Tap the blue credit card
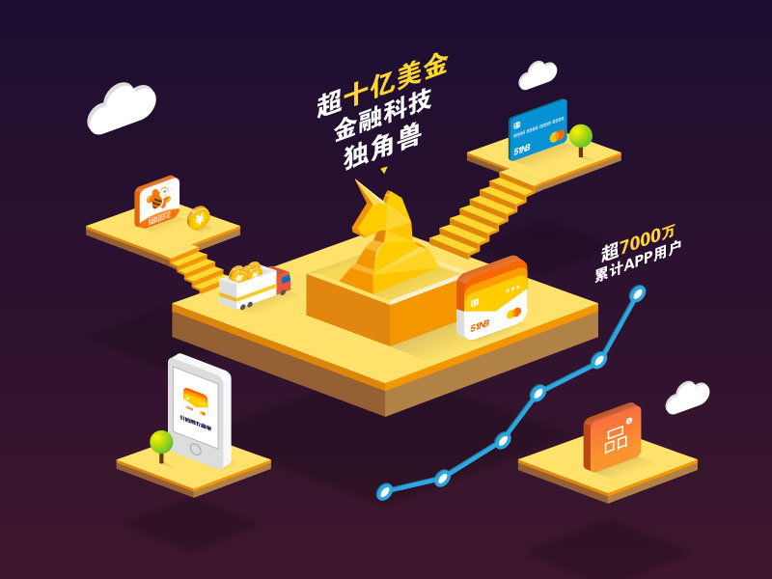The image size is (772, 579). tap(537, 129)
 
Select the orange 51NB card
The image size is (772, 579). tap(492, 298)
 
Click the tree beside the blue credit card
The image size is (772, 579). tap(580, 137)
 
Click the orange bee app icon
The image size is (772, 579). tap(156, 203)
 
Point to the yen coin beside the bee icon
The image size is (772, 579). tap(198, 218)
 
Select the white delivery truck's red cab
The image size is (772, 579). tap(282, 280)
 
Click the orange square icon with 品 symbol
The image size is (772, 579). tap(612, 437)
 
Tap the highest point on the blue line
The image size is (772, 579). tap(637, 292)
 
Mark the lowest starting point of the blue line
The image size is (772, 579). tap(384, 491)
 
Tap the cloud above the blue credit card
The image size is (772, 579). tap(538, 75)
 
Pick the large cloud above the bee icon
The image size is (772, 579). tap(122, 107)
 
